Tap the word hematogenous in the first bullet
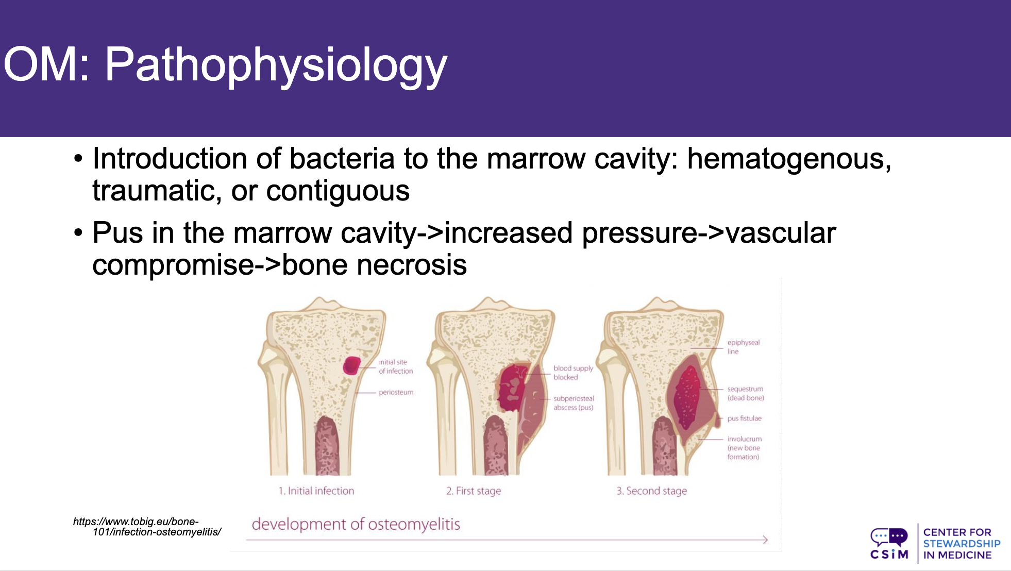[x=789, y=159]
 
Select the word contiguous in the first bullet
[x=338, y=192]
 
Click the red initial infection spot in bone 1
[x=352, y=365]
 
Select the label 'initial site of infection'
[x=396, y=366]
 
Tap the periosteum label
[x=396, y=392]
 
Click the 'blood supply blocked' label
[x=574, y=373]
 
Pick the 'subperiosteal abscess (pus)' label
[x=574, y=403]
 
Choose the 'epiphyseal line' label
[x=744, y=347]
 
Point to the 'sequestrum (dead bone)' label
[x=746, y=393]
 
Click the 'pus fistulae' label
[x=744, y=418]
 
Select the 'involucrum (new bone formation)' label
[x=744, y=448]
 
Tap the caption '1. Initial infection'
[x=316, y=491]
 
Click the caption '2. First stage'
[x=474, y=491]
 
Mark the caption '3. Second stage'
[x=652, y=491]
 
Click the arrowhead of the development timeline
[x=765, y=540]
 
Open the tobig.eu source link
[x=147, y=527]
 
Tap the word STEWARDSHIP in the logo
[x=962, y=544]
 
